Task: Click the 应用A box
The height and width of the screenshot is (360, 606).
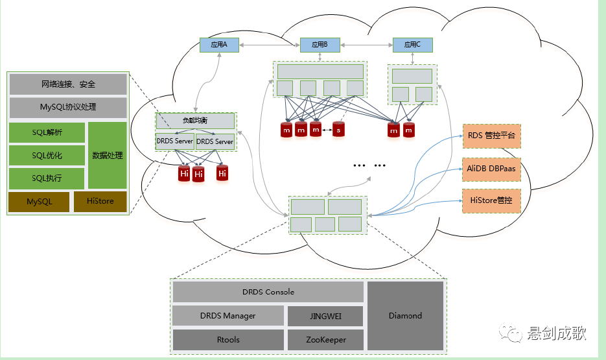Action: point(218,45)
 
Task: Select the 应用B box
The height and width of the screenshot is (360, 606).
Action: point(320,45)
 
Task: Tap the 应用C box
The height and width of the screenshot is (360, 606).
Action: point(412,45)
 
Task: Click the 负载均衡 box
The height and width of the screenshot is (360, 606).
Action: point(195,121)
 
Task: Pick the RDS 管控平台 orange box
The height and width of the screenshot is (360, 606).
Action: point(491,137)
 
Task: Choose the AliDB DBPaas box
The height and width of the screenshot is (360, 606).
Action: point(491,169)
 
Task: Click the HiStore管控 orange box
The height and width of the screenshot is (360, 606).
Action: point(491,200)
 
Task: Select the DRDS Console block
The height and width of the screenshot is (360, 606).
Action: point(268,292)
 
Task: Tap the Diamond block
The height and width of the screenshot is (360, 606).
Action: point(405,316)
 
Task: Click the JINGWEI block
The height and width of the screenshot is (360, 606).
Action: point(325,317)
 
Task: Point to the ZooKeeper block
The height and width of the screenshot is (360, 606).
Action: point(325,340)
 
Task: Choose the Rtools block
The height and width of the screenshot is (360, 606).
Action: point(228,340)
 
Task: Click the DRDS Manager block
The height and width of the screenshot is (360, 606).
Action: point(228,317)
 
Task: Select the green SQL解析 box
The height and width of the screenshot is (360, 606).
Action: point(47,133)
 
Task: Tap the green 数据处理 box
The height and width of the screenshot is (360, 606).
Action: point(108,156)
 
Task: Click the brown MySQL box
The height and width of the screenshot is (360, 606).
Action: point(39,202)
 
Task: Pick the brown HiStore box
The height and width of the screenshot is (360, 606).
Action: point(100,202)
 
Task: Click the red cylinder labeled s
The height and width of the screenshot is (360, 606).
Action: point(338,130)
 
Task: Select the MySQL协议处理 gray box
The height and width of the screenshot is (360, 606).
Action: point(67,106)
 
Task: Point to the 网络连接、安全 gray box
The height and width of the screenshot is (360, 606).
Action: point(67,84)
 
